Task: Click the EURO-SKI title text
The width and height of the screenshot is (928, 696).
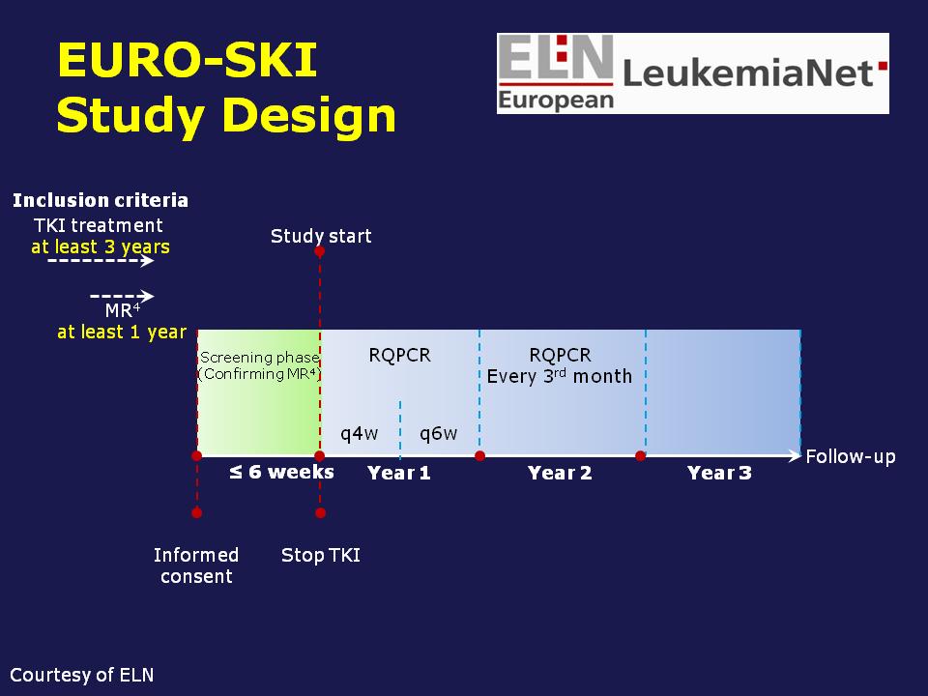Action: coord(187,60)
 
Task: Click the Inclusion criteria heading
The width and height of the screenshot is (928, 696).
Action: coord(101,200)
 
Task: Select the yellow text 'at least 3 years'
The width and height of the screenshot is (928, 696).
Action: coord(101,246)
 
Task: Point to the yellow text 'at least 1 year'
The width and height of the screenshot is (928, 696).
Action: coord(122,332)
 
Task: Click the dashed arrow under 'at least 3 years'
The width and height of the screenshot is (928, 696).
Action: coord(101,260)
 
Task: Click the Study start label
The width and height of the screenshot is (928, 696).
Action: coord(321,236)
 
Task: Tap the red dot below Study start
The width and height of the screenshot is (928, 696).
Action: coord(320,251)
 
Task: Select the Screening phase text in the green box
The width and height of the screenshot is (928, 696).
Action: coord(259,358)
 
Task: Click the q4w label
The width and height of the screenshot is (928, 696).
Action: coord(360,434)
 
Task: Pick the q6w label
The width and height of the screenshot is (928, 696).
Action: coord(439,434)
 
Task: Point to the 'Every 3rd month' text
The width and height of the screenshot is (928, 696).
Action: coord(560,376)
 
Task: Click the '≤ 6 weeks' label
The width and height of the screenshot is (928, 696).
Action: coord(281,473)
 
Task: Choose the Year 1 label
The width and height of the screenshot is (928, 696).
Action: coord(399,473)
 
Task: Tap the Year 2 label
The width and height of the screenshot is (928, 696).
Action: coord(560,473)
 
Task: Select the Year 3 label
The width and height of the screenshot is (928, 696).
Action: coord(719,473)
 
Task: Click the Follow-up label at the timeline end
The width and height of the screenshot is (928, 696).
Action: coord(851,457)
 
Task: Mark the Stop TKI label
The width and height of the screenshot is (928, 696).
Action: coord(321,555)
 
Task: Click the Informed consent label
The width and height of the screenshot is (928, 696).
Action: coord(196,565)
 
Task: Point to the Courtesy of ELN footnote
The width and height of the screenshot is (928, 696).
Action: coord(81,676)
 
